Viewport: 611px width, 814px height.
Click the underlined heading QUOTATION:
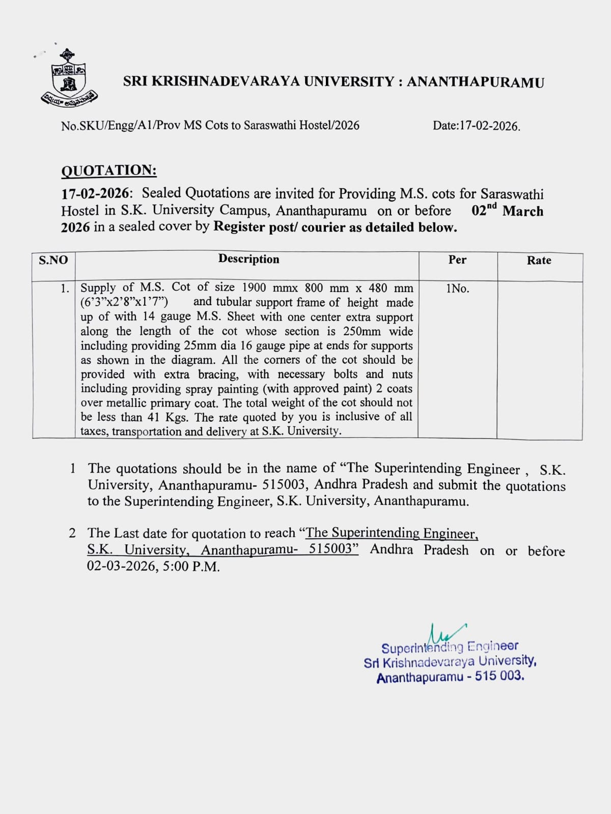tap(109, 170)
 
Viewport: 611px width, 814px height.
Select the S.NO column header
tap(53, 260)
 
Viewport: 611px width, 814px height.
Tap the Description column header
tap(248, 259)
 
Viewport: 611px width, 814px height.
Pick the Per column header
tap(457, 259)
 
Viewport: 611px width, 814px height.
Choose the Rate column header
tap(539, 260)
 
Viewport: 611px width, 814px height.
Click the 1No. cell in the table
tap(457, 288)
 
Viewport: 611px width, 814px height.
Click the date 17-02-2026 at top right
tap(489, 126)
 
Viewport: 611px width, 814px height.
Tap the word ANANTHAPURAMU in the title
tap(475, 82)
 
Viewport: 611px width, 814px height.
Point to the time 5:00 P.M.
tap(191, 566)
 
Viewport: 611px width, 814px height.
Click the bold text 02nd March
tap(507, 211)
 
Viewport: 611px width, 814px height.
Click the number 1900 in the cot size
tap(254, 288)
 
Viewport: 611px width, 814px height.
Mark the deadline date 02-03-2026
tap(122, 566)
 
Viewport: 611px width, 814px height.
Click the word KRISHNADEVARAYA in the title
tap(225, 81)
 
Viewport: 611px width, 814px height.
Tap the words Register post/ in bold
tap(256, 227)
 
